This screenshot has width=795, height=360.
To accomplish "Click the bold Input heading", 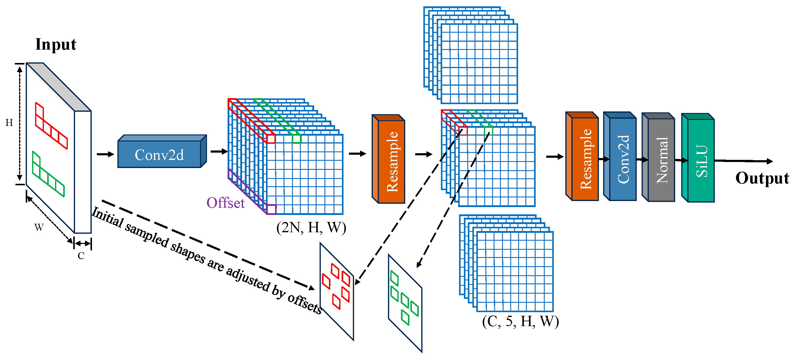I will click(56, 44).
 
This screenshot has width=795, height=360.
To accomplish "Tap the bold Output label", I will click(762, 178).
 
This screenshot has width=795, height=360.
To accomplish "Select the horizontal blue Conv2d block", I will click(159, 154).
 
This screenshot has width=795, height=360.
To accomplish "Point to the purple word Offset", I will click(225, 203).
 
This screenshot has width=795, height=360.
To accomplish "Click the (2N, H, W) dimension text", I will click(311, 228).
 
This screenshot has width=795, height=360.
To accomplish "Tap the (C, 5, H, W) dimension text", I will click(520, 322).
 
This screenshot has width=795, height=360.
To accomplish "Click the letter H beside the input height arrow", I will click(9, 123).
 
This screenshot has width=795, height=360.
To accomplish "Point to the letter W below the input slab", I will click(39, 228).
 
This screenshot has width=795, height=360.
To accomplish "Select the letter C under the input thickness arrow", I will click(81, 256).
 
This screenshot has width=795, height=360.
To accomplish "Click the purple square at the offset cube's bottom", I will click(271, 209).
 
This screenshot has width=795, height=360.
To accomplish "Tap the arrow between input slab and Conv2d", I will click(105, 154).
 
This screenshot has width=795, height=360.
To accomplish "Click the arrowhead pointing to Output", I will click(770, 161).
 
